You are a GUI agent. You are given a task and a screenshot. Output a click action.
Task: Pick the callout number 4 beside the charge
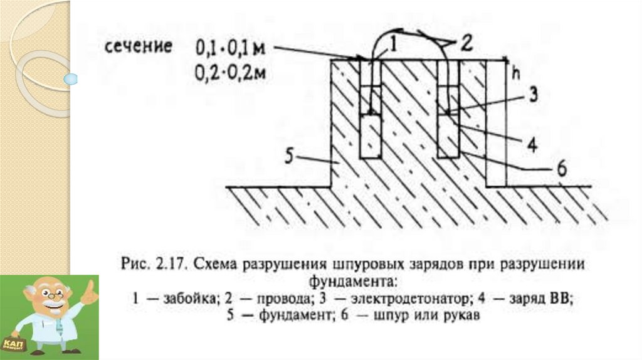coord(530,145)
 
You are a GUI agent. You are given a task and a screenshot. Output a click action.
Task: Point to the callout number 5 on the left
coord(291,155)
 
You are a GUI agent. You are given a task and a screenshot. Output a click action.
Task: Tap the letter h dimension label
coord(516,72)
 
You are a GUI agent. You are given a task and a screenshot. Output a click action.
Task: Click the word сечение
coord(139,47)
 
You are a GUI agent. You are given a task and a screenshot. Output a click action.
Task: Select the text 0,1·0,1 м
coord(232,46)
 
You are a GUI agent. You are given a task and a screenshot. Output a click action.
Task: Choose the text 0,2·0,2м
coord(231,71)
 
